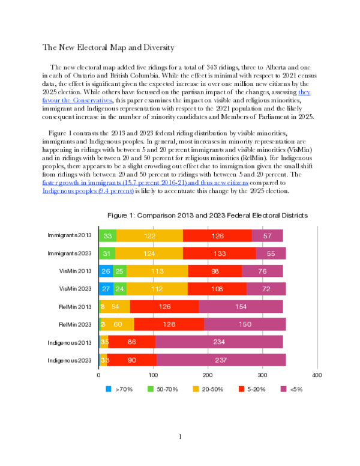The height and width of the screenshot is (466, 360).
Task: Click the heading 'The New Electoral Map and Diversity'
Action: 107,47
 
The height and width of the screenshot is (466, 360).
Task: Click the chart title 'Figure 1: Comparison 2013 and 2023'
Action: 207,214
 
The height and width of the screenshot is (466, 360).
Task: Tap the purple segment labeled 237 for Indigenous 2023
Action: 221,360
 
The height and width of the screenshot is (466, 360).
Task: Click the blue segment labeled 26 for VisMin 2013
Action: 106,271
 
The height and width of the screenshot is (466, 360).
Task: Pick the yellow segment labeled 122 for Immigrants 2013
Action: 149,236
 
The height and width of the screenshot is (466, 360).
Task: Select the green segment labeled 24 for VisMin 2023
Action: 120,289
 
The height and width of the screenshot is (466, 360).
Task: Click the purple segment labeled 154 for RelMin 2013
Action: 241,307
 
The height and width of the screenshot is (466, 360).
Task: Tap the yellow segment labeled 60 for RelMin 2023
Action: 118,325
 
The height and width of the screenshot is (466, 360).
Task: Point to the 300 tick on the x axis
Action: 262,375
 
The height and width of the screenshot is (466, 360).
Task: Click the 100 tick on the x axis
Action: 153,375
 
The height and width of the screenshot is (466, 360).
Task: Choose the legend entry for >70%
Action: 121,389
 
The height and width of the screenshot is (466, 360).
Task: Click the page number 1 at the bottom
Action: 180,437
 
